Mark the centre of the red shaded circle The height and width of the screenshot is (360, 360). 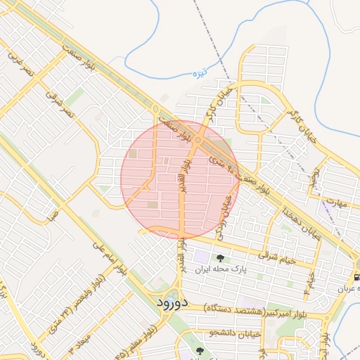[x=180, y=179]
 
